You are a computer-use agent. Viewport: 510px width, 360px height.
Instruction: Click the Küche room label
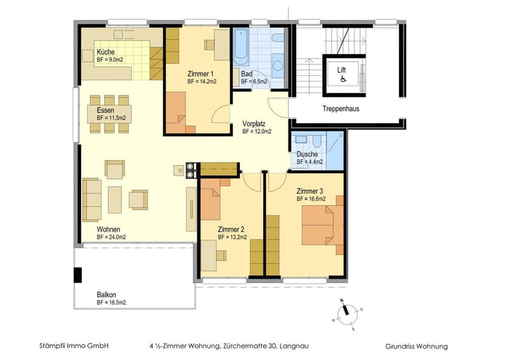point(106,52)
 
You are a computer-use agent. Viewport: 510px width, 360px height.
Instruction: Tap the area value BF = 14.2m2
point(202,82)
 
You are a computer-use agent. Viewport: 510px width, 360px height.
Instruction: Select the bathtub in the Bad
point(241,47)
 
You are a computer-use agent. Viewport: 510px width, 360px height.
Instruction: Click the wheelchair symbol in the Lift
point(343,78)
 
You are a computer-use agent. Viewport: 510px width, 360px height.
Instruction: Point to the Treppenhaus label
point(341,108)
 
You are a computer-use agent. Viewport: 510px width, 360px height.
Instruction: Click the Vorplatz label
point(254,124)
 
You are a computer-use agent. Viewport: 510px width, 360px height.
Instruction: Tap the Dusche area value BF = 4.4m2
point(310,162)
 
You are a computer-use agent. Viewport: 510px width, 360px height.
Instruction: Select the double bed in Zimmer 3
point(323,225)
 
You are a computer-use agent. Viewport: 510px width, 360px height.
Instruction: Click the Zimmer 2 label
point(231,229)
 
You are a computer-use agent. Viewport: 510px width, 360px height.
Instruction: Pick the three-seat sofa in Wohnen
point(92,199)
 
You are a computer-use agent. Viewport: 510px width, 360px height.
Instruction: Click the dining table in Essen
point(109,114)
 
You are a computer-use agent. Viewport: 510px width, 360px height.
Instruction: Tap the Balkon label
point(106,294)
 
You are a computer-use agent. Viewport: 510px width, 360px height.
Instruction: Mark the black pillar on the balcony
point(78,275)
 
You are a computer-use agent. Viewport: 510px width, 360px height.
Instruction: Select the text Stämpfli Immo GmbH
point(74,346)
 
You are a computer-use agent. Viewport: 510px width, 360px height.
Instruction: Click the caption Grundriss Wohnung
point(416,347)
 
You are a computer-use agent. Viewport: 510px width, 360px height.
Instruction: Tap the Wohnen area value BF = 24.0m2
point(111,237)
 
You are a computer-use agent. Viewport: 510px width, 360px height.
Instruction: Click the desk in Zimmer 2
point(209,256)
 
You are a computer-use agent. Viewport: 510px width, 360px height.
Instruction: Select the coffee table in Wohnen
point(115,199)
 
